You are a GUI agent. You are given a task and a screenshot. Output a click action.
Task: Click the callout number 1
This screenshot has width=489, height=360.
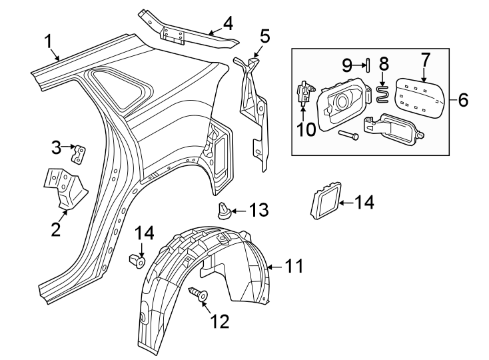tap(49, 41)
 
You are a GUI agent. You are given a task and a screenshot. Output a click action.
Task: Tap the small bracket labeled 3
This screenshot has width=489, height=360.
tap(79, 154)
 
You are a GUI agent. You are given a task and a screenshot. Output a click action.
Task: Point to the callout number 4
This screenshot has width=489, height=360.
tap(228, 25)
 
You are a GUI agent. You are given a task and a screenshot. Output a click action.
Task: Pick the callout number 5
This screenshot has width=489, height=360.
tap(264, 35)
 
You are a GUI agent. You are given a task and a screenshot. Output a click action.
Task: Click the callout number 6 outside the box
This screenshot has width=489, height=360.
tap(463, 101)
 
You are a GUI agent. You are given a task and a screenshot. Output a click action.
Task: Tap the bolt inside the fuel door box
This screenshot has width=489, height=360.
tap(349, 135)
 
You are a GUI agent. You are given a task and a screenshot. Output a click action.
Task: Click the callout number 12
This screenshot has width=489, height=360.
tap(219, 322)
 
